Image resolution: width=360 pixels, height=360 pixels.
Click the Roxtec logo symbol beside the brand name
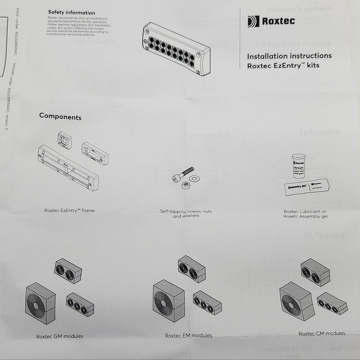coord(253,21)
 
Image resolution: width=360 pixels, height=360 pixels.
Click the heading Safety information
coord(72,13)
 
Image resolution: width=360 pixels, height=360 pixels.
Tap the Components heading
coord(60,117)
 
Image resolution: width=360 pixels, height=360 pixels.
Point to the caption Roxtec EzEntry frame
coord(69,211)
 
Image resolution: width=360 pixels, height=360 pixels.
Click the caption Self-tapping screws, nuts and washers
coord(186,213)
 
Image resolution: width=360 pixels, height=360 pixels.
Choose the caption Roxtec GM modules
coord(59,336)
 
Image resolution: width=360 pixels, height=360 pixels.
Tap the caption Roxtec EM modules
coord(188,335)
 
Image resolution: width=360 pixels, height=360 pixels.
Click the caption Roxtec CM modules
coord(322,333)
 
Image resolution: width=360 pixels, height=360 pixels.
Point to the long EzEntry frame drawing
coord(68,167)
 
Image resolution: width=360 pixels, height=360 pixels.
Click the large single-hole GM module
coord(40,303)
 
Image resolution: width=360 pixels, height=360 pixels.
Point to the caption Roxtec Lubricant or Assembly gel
coord(306,213)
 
